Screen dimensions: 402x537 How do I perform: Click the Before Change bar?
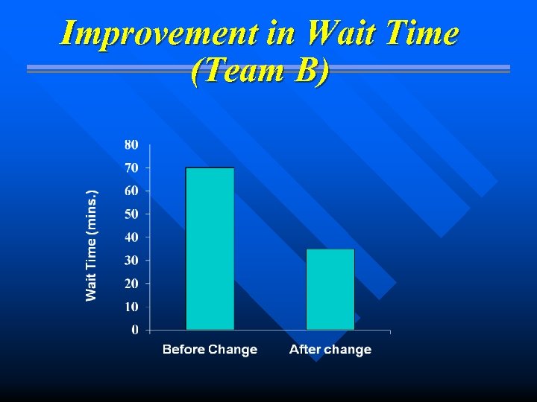pos(210,249)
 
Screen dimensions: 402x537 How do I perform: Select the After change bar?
pos(330,289)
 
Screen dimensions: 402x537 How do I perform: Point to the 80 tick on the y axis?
pos(131,144)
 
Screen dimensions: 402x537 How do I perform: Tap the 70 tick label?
pos(131,167)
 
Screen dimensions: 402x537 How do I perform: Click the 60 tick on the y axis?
pos(131,191)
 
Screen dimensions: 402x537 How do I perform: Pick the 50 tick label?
pos(131,214)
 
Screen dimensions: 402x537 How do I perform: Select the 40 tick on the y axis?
pos(131,237)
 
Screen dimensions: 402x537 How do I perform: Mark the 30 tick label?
pos(131,260)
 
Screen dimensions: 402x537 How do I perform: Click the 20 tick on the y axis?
pos(131,283)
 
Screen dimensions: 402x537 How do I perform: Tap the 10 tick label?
pos(131,306)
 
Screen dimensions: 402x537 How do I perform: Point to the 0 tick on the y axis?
pos(134,329)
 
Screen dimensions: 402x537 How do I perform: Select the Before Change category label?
pos(210,349)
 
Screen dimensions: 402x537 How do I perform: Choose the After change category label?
pos(330,349)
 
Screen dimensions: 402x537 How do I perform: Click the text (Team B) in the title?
pos(259,71)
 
